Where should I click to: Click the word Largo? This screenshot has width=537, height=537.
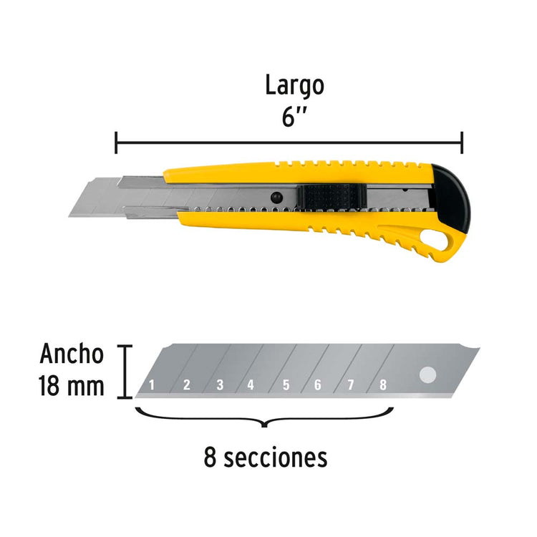(294, 87)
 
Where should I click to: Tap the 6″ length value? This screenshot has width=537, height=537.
(294, 118)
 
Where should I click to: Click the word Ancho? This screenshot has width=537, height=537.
(72, 354)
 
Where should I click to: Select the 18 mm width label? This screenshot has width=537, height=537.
(72, 386)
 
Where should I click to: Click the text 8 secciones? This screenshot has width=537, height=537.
(266, 458)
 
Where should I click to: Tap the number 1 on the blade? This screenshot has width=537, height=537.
(152, 385)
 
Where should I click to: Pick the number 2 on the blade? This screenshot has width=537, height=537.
(187, 385)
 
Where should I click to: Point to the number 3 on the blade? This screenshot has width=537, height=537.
(221, 385)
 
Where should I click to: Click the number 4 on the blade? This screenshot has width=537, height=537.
(251, 385)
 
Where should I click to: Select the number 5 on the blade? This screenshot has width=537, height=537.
(286, 385)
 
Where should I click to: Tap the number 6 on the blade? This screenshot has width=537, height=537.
(318, 385)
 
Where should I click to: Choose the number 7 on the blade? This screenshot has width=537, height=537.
(351, 385)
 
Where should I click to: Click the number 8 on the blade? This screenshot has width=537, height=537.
(383, 385)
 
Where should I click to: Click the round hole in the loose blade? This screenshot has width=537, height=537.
(427, 374)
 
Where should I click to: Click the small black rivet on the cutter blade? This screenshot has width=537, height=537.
(276, 198)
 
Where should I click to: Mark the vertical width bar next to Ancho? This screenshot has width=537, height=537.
(125, 372)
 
